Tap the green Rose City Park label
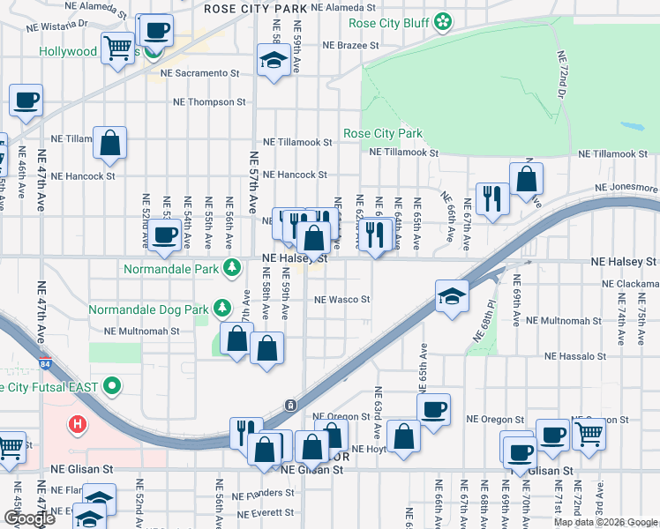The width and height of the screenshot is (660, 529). pyautogui.click(x=382, y=134)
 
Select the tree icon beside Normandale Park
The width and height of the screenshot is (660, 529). pyautogui.click(x=232, y=266)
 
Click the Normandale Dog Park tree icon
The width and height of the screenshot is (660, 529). pyautogui.click(x=223, y=309)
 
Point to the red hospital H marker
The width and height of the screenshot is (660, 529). pyautogui.click(x=79, y=425)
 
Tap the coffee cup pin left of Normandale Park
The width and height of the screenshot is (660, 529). pyautogui.click(x=164, y=235)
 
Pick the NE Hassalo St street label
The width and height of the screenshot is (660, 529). pyautogui.click(x=575, y=357)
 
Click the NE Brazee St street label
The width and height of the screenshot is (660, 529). pyautogui.click(x=350, y=44)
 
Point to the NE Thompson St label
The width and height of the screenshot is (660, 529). pyautogui.click(x=209, y=102)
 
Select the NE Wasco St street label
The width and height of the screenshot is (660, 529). pyautogui.click(x=342, y=300)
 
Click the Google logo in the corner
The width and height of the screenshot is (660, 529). pyautogui.click(x=29, y=518)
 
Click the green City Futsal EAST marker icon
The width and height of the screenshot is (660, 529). pyautogui.click(x=111, y=386)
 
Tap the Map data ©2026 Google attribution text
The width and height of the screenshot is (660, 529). pyautogui.click(x=605, y=522)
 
